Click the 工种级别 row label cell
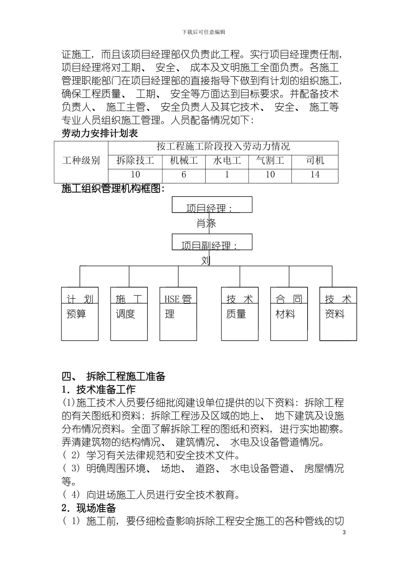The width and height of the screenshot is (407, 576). pos(81,161)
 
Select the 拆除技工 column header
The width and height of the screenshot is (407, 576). pos(135,161)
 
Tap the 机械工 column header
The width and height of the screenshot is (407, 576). pos(184,161)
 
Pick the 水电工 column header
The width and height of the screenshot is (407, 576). pos(227,161)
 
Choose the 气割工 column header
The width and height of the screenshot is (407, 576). pos(270,161)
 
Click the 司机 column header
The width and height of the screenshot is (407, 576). pos(315,161)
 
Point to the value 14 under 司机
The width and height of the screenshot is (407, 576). pos(315,175)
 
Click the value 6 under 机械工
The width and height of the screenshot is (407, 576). pos(184,175)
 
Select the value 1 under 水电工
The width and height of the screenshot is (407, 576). pos(227,175)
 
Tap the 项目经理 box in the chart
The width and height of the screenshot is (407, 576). pos(212,205)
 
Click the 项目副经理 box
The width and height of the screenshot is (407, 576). pos(212,242)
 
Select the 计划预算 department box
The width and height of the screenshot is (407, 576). pos(80,314)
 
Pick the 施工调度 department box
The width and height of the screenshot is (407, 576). pos(129,314)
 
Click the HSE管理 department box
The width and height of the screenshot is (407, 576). pos(178,314)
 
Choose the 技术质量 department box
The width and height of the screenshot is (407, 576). pos(239,314)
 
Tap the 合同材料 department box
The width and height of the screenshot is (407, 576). pos(289,314)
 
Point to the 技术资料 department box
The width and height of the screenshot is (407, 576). pos(338,314)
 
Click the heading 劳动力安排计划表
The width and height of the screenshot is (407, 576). pos(100,133)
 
